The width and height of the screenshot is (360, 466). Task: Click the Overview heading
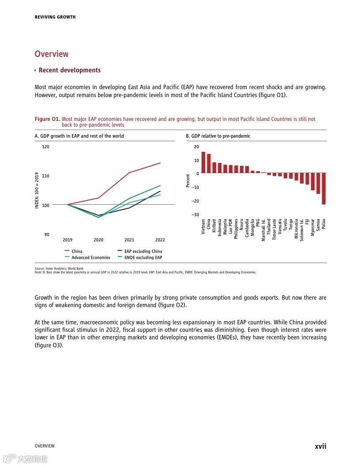(52, 54)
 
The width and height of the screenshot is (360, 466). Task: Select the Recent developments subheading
(69, 70)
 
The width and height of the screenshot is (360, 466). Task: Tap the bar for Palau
(323, 188)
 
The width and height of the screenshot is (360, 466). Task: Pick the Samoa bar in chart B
(318, 183)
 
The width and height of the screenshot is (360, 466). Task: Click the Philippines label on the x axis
(236, 229)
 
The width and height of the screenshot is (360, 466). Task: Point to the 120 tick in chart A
(46, 147)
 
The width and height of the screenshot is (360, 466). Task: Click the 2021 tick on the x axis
(129, 240)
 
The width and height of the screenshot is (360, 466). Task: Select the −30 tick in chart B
(195, 215)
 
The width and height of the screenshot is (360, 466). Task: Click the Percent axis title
(188, 180)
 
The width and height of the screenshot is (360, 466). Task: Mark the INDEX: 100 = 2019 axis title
(37, 190)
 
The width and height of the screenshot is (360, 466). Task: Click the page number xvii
(320, 446)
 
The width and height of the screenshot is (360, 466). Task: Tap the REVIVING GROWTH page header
(55, 17)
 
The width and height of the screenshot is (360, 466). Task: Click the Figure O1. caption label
(47, 119)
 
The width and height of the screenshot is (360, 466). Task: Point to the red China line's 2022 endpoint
(160, 163)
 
